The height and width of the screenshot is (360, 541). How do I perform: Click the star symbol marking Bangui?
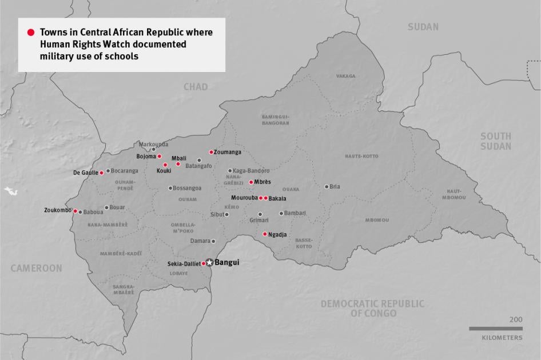click(x=209, y=262)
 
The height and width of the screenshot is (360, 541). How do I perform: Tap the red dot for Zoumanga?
click(x=211, y=152)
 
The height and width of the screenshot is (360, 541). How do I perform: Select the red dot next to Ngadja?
click(x=264, y=234)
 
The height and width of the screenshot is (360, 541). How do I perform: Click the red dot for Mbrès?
click(x=251, y=182)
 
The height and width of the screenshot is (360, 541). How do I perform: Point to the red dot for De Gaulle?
click(x=101, y=173)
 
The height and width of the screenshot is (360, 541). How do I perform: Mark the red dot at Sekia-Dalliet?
click(x=204, y=263)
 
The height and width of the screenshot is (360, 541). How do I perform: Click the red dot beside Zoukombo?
click(x=75, y=211)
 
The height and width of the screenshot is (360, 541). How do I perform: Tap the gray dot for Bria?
click(x=327, y=186)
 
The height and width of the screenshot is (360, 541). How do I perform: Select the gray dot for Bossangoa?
click(x=170, y=188)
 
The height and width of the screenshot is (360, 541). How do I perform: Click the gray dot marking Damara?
click(x=213, y=241)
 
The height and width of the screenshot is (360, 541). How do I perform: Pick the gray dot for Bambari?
click(x=281, y=213)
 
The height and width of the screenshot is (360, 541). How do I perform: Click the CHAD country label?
click(x=196, y=87)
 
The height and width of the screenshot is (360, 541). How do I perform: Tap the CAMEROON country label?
click(x=36, y=268)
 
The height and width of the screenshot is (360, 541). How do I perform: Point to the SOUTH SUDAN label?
click(x=495, y=141)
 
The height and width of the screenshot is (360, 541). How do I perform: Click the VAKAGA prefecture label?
click(x=345, y=76)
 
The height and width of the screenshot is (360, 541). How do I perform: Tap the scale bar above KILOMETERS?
click(x=495, y=329)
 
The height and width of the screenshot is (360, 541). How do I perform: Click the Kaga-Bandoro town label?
click(x=250, y=171)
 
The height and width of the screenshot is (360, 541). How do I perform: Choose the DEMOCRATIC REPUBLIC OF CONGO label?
click(x=372, y=309)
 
